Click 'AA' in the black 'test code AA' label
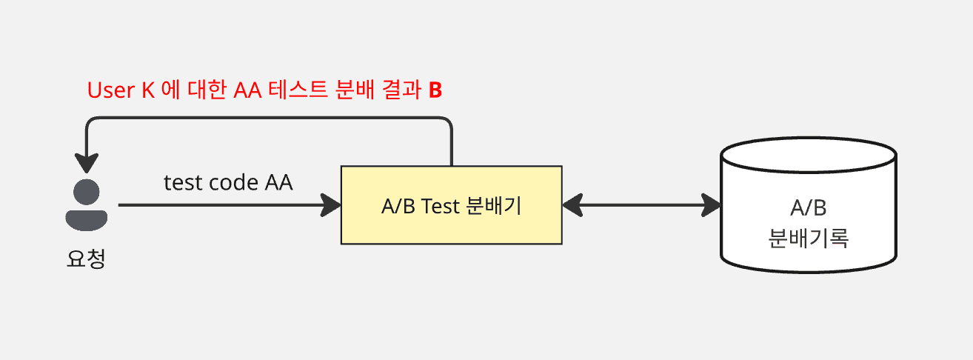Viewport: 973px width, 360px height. tap(278, 182)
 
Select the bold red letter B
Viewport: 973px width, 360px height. tap(435, 90)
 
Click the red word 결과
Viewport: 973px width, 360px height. tap(399, 90)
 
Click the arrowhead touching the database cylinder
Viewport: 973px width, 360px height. tap(712, 205)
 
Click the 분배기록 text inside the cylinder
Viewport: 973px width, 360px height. tap(808, 238)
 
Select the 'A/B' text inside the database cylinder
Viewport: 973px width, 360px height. tap(808, 208)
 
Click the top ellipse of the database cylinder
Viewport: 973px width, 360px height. tap(809, 156)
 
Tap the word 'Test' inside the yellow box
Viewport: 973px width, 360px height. tap(441, 206)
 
